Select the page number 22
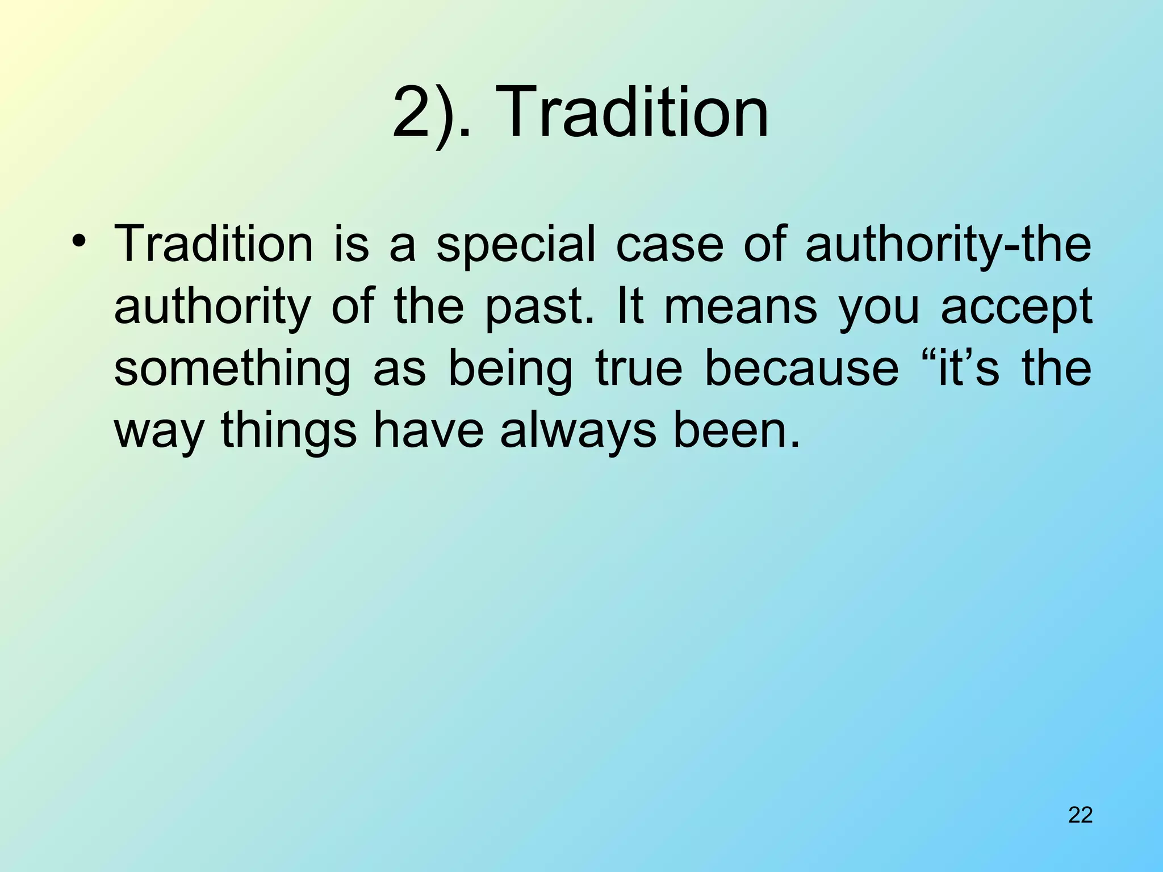1080,815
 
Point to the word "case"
670,245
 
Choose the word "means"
741,307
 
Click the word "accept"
1016,307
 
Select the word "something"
232,369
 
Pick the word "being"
510,369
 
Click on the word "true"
638,369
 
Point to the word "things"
288,431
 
